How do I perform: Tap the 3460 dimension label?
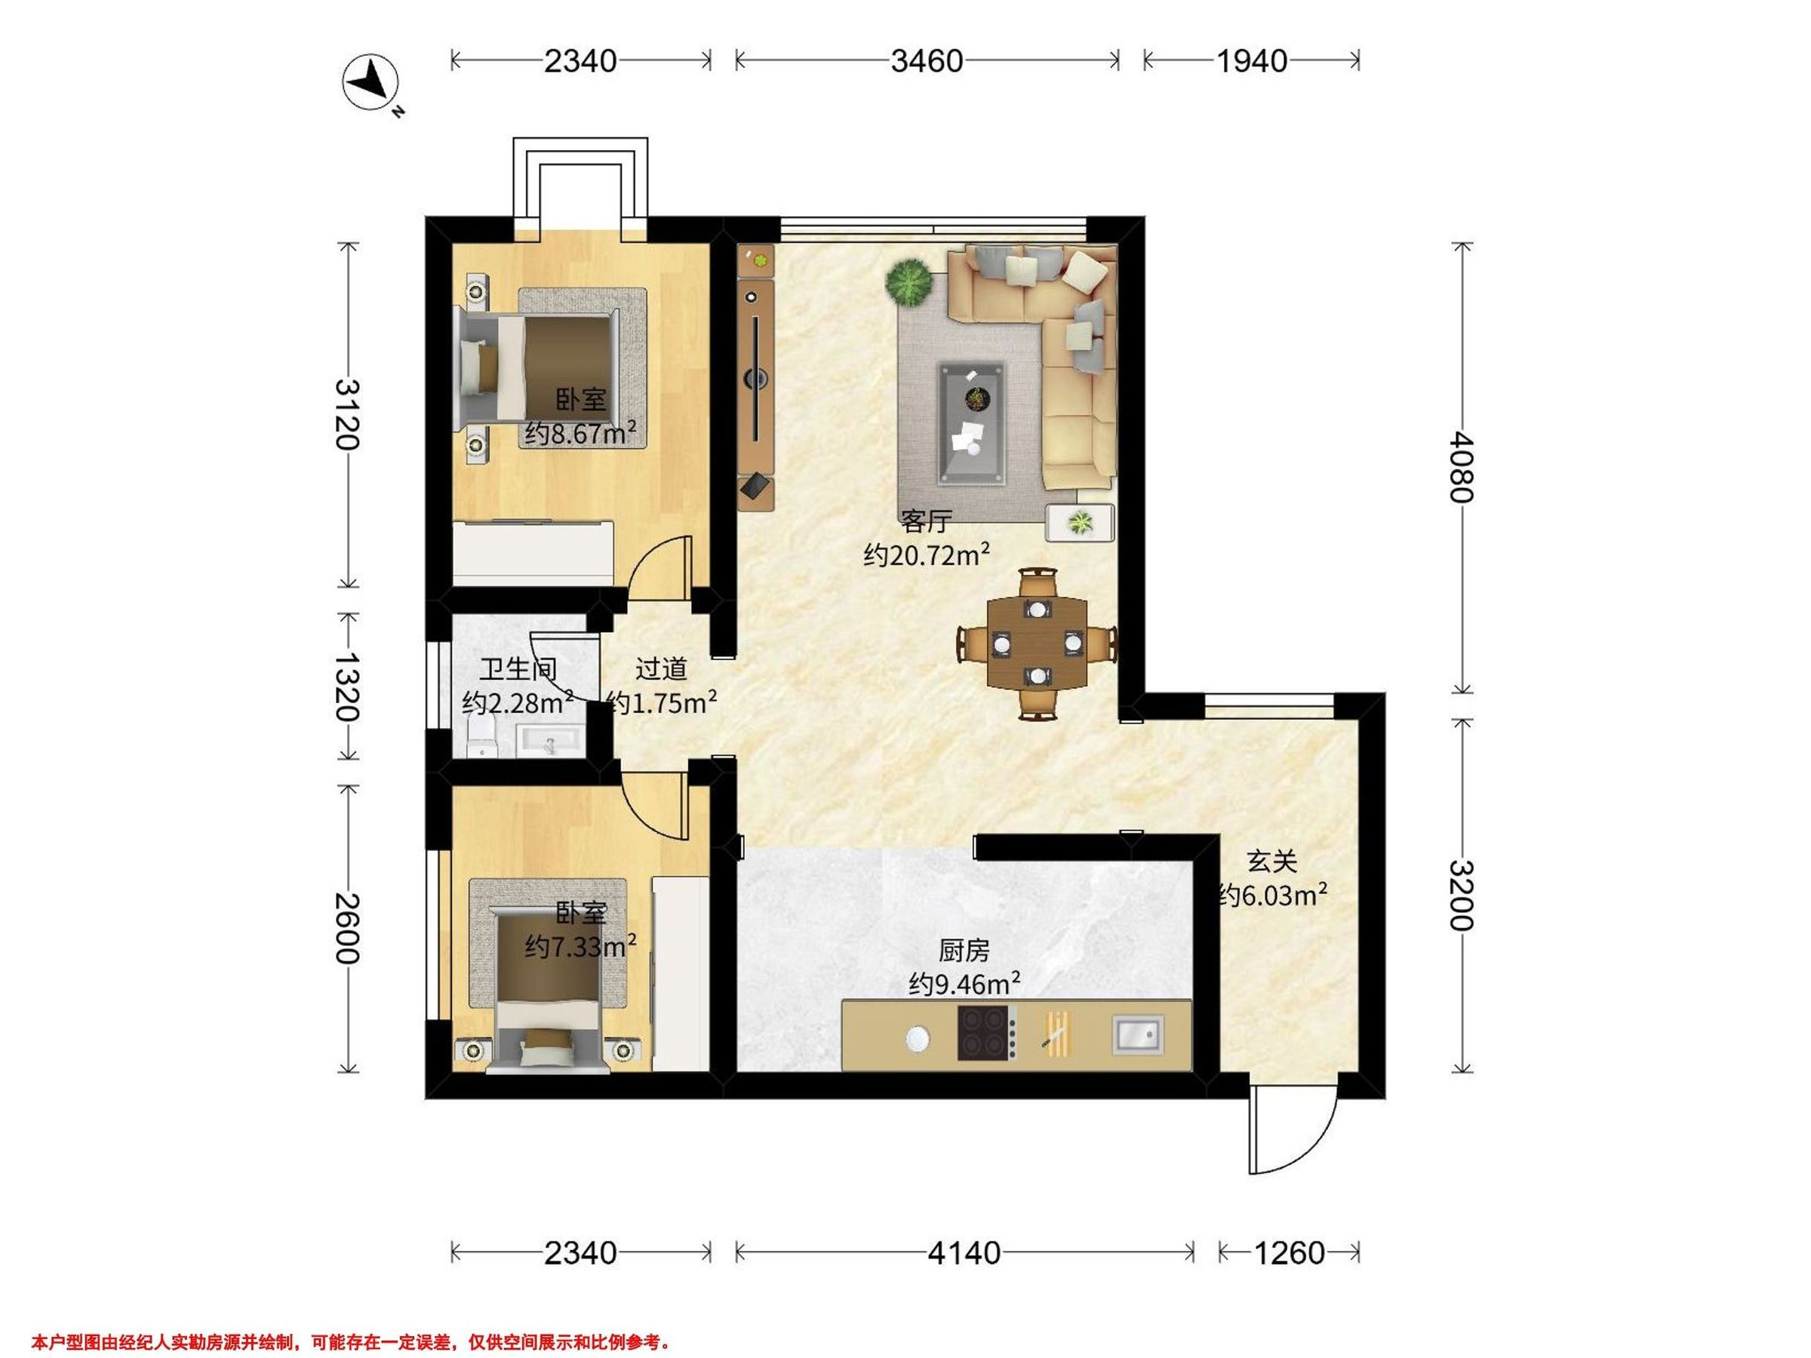point(927,60)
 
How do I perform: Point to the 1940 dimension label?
point(1252,60)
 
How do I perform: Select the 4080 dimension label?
point(1462,468)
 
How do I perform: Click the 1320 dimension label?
point(347,687)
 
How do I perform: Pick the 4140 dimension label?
point(964,1253)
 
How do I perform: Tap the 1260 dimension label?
point(1289,1253)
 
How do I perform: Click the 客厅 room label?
point(926,521)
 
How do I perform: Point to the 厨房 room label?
point(964,951)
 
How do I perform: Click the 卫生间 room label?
point(518,670)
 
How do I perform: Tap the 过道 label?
point(661,670)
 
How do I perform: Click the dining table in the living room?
point(1038,644)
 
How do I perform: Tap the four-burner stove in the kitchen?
point(987,1034)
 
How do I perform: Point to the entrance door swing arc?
point(1308,1148)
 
